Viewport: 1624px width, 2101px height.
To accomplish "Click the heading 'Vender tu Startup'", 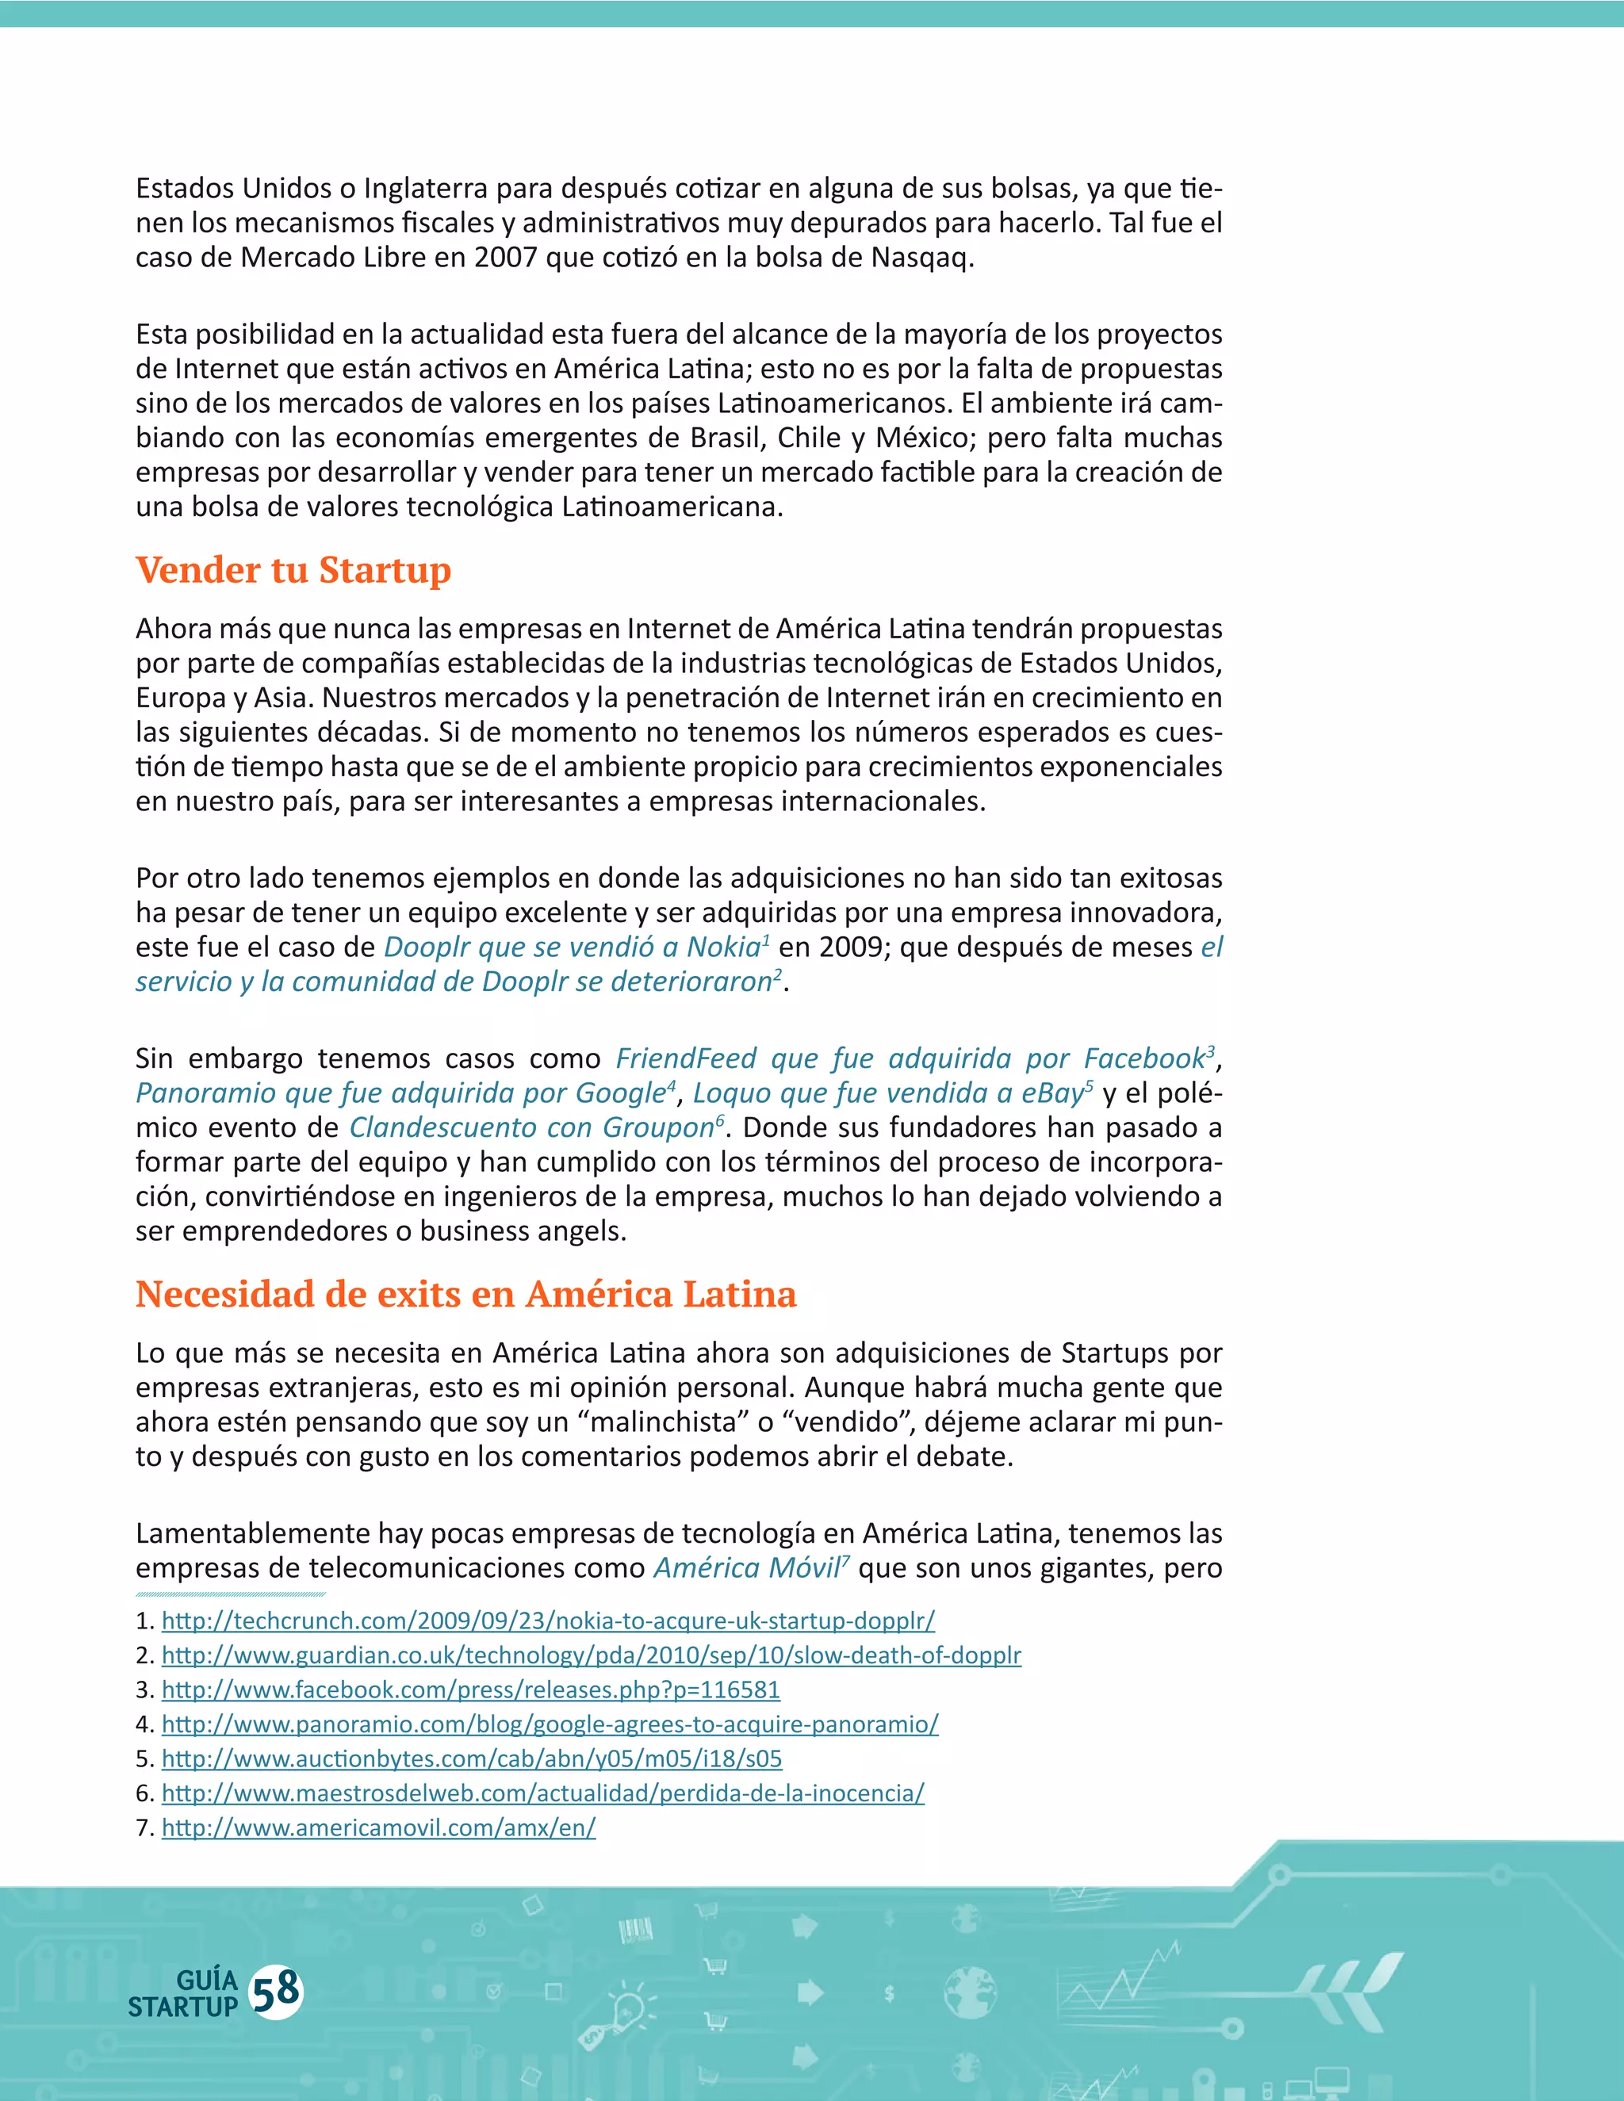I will point(293,569).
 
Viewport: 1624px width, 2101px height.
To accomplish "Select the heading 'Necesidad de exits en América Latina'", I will point(465,1294).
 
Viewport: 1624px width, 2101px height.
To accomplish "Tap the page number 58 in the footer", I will point(275,1992).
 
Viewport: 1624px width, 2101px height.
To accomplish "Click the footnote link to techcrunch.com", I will point(547,1621).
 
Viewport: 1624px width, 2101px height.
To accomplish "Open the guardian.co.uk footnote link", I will point(591,1655).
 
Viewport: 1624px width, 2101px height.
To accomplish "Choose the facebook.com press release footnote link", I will point(470,1690).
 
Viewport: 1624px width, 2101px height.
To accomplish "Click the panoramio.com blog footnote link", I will point(550,1725).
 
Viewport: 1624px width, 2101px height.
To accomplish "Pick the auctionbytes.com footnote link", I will point(472,1759).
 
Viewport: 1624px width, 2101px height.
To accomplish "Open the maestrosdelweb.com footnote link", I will point(542,1794).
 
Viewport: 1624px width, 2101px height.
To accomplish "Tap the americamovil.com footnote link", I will point(378,1829).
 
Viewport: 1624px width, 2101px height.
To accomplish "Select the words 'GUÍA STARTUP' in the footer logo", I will point(186,1993).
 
